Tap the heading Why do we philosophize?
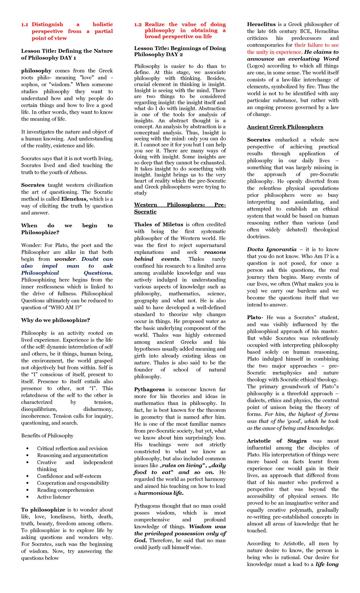pos(55,320)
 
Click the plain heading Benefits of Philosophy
pos(47,435)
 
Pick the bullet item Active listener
pos(54,497)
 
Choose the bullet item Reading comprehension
pos(65,490)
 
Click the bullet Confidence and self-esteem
pos(69,476)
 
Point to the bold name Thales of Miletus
pos(158,224)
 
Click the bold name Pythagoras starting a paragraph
pos(149,390)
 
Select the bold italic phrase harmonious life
pos(161,493)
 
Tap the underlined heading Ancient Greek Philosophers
pos(285,127)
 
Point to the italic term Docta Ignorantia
pos(271,249)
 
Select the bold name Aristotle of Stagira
pos(277,441)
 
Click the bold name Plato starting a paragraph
pos(254,318)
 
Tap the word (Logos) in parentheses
pos(256,66)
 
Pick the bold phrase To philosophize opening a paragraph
pos(43,510)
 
